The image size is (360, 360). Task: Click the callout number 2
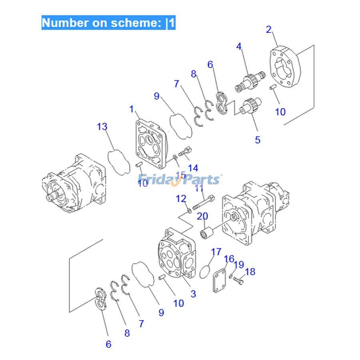[269, 29]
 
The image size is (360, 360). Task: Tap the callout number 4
[239, 46]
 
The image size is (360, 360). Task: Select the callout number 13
[102, 127]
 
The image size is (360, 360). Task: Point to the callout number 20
[202, 216]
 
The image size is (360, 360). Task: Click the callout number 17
[216, 252]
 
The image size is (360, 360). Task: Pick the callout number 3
[193, 294]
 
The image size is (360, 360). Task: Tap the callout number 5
[258, 140]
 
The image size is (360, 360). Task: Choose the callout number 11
[199, 188]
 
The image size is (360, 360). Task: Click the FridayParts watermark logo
[180, 179]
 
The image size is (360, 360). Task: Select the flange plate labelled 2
[287, 68]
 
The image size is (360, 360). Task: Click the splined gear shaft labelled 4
[248, 80]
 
